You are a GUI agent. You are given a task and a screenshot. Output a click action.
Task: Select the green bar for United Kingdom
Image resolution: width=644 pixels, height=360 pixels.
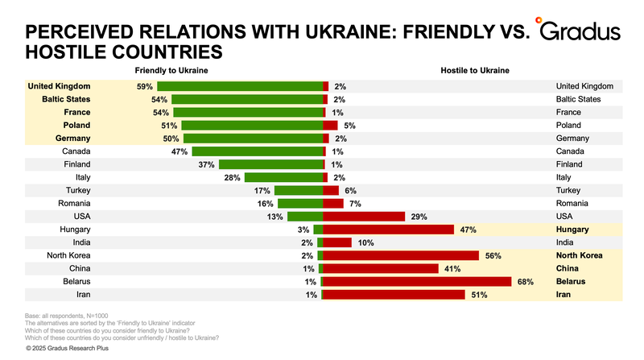(240, 86)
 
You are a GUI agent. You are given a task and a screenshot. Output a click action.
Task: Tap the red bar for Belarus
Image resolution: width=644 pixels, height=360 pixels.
(417, 282)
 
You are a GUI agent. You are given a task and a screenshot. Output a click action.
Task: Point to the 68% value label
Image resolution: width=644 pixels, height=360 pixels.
(525, 282)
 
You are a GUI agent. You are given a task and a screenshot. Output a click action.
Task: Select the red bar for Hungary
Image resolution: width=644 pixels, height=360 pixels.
(389, 230)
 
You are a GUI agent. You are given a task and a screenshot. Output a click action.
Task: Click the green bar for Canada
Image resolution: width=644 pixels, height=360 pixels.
(258, 151)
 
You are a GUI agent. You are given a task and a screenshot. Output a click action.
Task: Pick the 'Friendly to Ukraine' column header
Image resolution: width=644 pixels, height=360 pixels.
(171, 72)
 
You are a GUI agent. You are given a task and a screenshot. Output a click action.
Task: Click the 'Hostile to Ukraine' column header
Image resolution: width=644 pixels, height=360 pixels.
(475, 72)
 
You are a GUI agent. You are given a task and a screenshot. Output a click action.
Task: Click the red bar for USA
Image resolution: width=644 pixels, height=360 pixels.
(363, 217)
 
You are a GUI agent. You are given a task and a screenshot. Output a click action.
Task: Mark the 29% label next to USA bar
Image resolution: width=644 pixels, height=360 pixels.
(417, 217)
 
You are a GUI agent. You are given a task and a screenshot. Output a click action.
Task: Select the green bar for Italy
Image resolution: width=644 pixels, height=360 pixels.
(283, 177)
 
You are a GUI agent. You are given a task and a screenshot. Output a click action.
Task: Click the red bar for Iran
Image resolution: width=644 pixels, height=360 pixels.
(394, 295)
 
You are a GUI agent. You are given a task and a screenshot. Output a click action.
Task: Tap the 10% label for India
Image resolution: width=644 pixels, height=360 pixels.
(365, 242)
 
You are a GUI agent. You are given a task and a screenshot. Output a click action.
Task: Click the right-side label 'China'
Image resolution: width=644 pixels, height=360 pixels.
(568, 268)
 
